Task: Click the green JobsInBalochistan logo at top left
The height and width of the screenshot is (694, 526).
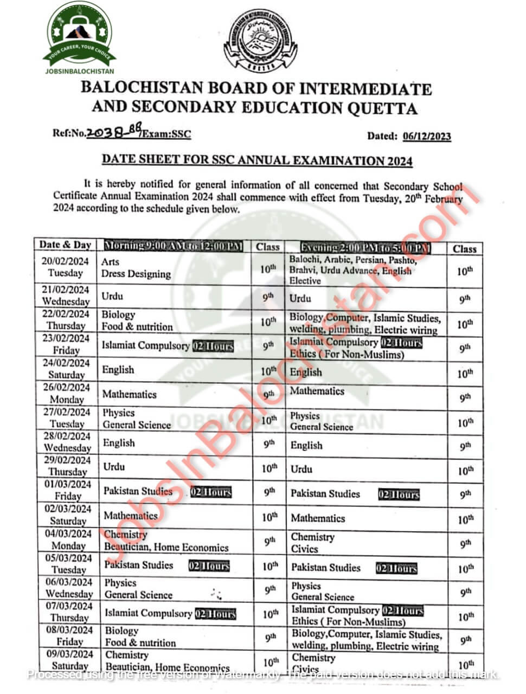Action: tap(79, 34)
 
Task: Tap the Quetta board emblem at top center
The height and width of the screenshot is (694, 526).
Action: tap(260, 41)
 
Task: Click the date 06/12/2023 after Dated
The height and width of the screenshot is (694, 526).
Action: tap(427, 136)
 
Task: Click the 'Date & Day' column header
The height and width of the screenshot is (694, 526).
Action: tap(65, 245)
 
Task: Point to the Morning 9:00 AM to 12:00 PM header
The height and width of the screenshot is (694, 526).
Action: tap(174, 246)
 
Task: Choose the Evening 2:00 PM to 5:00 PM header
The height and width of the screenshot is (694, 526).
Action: tap(365, 248)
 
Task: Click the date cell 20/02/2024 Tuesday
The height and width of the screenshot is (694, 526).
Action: tap(66, 267)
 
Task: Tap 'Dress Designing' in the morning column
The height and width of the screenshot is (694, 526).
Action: tap(136, 274)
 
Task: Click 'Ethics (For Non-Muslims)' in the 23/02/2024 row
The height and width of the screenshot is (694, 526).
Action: tap(347, 355)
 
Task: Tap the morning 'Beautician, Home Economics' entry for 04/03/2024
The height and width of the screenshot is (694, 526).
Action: tap(166, 547)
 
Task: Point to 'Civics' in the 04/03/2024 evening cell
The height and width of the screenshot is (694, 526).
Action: tap(304, 549)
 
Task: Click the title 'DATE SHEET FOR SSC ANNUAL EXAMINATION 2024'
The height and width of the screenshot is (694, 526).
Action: tap(257, 160)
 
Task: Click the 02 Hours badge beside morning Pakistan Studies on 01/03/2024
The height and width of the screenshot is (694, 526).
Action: tap(210, 492)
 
